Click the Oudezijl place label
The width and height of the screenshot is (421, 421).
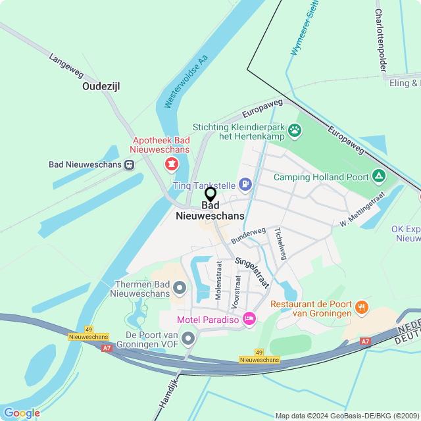pos(101,86)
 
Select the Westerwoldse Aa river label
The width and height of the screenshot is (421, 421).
pos(186,82)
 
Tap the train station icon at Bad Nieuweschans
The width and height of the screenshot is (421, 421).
pos(130,164)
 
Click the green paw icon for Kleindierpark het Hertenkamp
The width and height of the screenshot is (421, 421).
pos(295,130)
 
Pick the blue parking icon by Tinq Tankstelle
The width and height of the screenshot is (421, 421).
pos(245,184)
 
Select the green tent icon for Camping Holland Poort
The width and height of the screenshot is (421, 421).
pos(378,176)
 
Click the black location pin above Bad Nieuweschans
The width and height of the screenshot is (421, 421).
pos(210,195)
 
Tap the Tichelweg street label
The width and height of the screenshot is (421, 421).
pos(281,243)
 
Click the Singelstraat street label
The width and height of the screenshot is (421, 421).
pos(252,272)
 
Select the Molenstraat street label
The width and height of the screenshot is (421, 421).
pos(218,284)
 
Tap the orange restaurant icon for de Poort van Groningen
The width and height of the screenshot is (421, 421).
pos(360,307)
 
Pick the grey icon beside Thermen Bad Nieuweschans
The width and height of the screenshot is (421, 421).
pos(180,287)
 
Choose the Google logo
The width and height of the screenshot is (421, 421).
pos(22,412)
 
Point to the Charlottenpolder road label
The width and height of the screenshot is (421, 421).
pos(380,40)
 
